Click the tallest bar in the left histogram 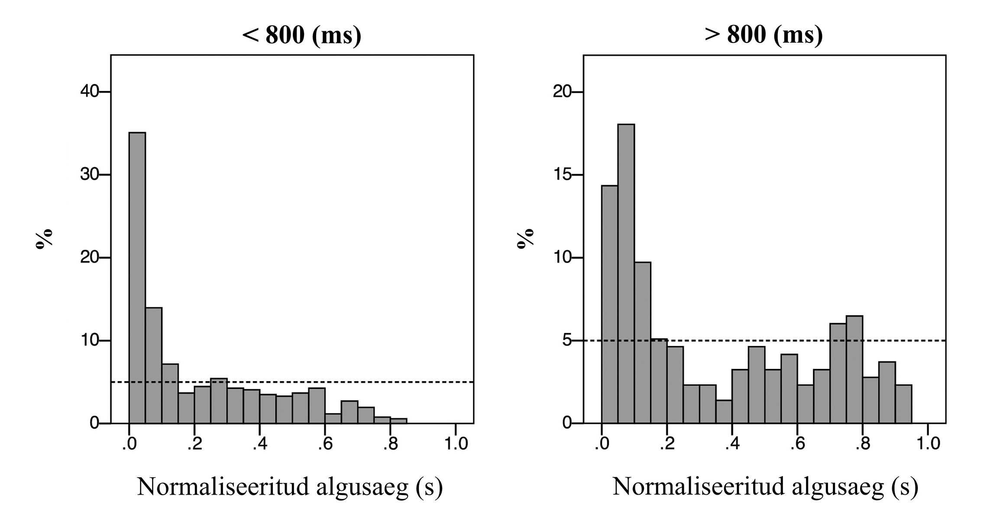pos(137,277)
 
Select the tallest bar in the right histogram pos(626,273)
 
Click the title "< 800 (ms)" pos(301,35)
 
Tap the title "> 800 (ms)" pos(764,35)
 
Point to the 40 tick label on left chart pos(89,92)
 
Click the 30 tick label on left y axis pos(89,175)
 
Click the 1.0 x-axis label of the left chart pos(456,444)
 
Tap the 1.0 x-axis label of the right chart pos(928,444)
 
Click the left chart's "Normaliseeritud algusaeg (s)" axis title pos(290,487)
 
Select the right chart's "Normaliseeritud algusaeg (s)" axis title pos(765,487)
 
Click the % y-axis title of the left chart pos(44,239)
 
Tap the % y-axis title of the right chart pos(525,239)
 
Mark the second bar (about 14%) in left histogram pos(154,365)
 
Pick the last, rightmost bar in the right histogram pos(903,404)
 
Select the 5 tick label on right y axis pos(567,341)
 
